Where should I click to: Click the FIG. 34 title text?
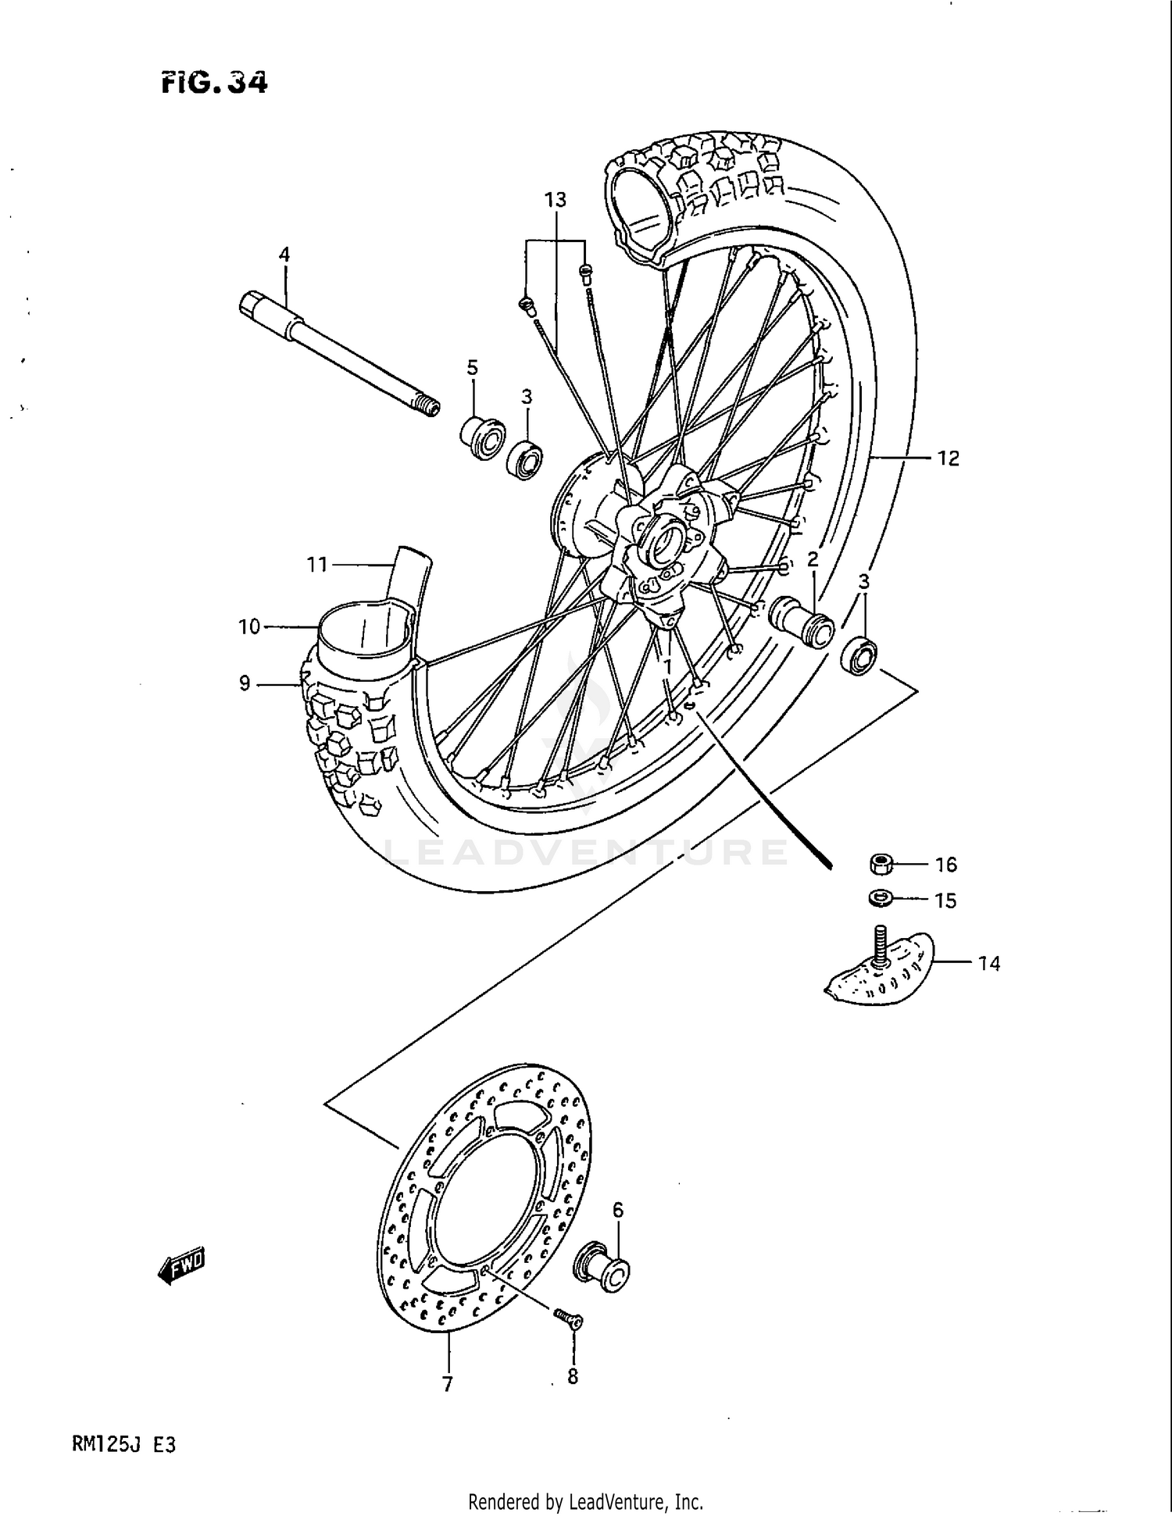click(214, 82)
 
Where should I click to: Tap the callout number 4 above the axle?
click(284, 254)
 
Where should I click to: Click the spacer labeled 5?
click(482, 438)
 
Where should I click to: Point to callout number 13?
click(555, 200)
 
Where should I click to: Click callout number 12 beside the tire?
click(948, 458)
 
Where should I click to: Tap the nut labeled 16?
click(881, 864)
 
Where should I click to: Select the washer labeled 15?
click(881, 899)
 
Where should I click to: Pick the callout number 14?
click(988, 964)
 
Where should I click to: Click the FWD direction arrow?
click(181, 1264)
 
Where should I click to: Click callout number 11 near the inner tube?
click(316, 564)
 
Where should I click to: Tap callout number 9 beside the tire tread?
click(245, 683)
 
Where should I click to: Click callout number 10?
click(248, 626)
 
